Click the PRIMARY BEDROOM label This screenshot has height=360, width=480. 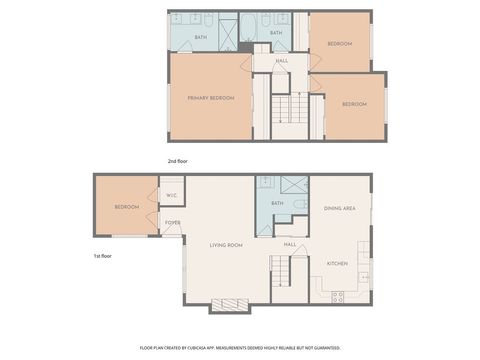(210, 97)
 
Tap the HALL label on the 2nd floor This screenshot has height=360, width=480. (282, 61)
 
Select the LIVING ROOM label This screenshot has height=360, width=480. (226, 245)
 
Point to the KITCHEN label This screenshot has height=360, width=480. (338, 263)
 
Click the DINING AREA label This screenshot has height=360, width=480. (340, 208)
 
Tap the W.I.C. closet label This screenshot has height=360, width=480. (171, 195)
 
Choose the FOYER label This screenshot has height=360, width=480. (172, 222)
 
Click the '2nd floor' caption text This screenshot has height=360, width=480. (178, 160)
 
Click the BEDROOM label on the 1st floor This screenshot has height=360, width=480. (126, 206)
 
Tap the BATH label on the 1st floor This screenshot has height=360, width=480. (277, 203)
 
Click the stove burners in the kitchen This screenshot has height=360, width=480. (337, 296)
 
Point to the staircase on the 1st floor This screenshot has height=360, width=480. (280, 269)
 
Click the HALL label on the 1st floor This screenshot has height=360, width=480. (289, 244)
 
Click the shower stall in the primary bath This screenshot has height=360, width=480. (227, 36)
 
